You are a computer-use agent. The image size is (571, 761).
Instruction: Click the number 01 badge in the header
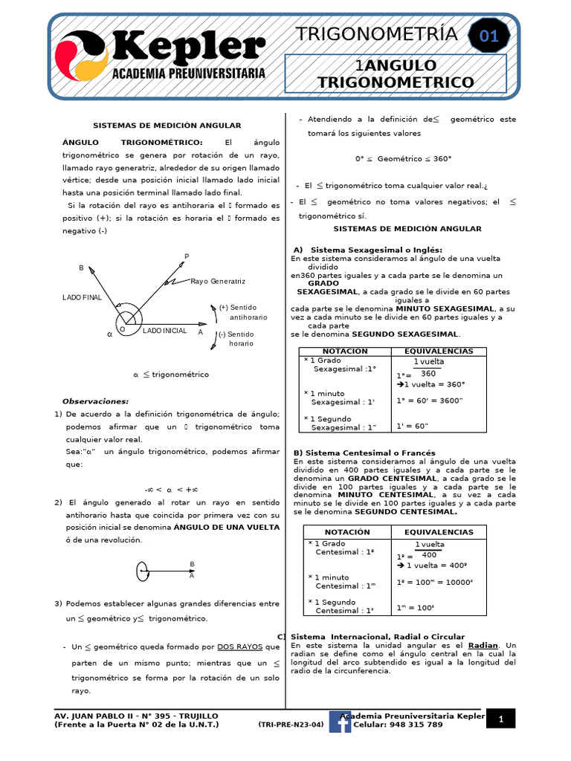click(x=488, y=36)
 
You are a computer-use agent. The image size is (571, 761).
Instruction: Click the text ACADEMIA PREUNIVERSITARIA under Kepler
click(x=188, y=74)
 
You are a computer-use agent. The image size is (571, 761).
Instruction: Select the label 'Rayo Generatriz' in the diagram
click(x=218, y=282)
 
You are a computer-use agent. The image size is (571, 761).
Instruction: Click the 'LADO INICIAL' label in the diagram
click(x=165, y=330)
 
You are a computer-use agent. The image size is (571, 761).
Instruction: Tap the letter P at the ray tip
click(x=187, y=256)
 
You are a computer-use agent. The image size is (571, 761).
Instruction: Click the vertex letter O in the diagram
click(x=122, y=329)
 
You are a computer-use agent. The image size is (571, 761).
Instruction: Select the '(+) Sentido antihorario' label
click(x=244, y=312)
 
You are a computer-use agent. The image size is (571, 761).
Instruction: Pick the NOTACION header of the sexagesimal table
click(x=345, y=351)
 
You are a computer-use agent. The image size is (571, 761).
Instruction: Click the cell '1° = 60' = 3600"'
click(x=430, y=400)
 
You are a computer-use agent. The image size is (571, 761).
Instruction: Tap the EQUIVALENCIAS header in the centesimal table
click(x=439, y=532)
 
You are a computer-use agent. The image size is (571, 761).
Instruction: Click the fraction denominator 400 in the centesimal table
click(x=429, y=555)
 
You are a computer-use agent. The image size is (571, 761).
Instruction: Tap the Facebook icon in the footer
click(x=340, y=721)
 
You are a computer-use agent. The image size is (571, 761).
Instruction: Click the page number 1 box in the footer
click(x=501, y=719)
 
